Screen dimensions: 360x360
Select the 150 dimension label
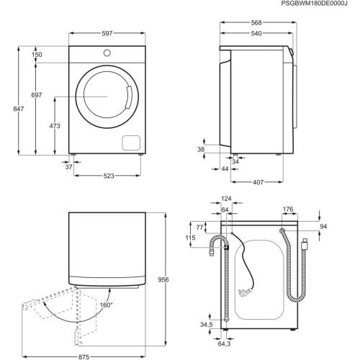[37, 55]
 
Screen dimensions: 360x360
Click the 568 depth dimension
[257, 22]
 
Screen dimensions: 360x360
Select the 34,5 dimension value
[207, 325]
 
